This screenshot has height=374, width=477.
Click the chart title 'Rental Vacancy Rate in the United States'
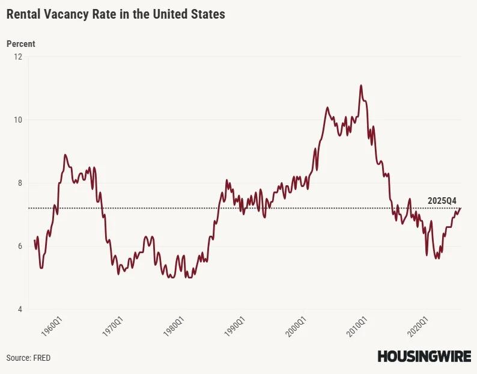coord(116,14)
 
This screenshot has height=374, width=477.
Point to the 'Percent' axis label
coord(21,44)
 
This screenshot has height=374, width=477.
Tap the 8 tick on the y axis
coord(19,183)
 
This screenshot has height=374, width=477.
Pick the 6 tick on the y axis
coord(19,246)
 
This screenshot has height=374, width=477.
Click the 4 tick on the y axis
coord(19,309)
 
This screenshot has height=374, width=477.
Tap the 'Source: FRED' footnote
coord(28,358)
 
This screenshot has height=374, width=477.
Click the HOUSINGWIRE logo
coord(424,357)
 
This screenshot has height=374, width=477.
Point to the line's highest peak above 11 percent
coord(361,85)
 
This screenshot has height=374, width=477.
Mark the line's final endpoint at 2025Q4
coord(461,208)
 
